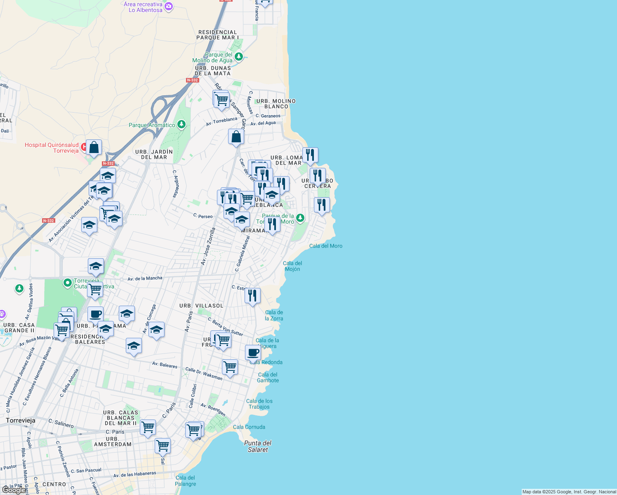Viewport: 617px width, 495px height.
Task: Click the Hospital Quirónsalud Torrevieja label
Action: coord(52,148)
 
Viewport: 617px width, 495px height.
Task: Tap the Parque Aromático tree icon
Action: coord(181,125)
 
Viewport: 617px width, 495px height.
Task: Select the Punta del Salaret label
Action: coord(258,446)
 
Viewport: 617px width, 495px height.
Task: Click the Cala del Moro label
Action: coord(326,246)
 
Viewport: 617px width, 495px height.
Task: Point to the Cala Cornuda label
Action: coord(249,427)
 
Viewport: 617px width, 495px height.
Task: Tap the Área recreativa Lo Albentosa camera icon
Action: coord(168,6)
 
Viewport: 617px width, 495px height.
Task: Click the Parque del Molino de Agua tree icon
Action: coord(238,57)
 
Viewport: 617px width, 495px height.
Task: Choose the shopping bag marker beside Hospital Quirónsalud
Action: coord(94,148)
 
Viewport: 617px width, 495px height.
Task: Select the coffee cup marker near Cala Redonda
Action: coord(253,353)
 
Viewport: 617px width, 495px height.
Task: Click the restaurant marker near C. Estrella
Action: coord(252,296)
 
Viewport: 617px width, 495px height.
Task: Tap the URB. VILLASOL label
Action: coord(201,306)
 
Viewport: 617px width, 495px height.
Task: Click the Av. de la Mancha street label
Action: coord(145,278)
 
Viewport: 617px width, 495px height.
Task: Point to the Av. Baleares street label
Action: coord(165,365)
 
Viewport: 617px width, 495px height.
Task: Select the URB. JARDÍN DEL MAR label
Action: coord(154,154)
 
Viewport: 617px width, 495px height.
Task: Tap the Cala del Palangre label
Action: coord(185,481)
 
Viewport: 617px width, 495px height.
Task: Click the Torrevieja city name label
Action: coord(21,420)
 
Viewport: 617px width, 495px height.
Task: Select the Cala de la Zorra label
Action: coord(274,315)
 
